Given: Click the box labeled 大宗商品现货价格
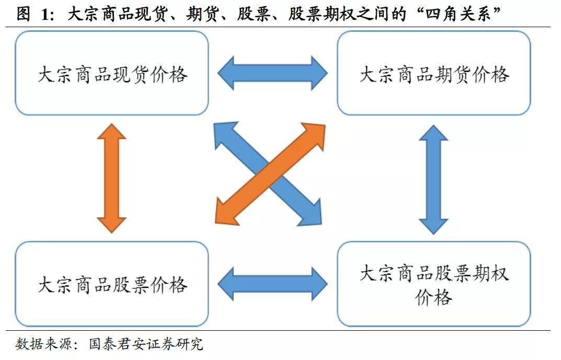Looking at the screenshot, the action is pos(112,73).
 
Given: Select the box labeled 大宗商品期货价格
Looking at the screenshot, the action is pos(433,73).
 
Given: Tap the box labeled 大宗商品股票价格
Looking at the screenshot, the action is pos(112,284).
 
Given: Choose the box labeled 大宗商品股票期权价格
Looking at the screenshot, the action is pos(433,284).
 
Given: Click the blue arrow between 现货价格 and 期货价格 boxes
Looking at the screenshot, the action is pos(272,73).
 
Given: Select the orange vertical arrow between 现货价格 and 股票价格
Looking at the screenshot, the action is pos(112,178).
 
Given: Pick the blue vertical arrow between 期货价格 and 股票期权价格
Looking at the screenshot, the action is pos(433,179).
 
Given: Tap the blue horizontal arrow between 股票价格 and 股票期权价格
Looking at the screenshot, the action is pos(272,284).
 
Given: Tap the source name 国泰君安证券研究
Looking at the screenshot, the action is pos(146,344).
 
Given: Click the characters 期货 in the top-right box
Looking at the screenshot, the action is pos(453,74).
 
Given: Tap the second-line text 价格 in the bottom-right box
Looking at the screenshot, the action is pos(433,297).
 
